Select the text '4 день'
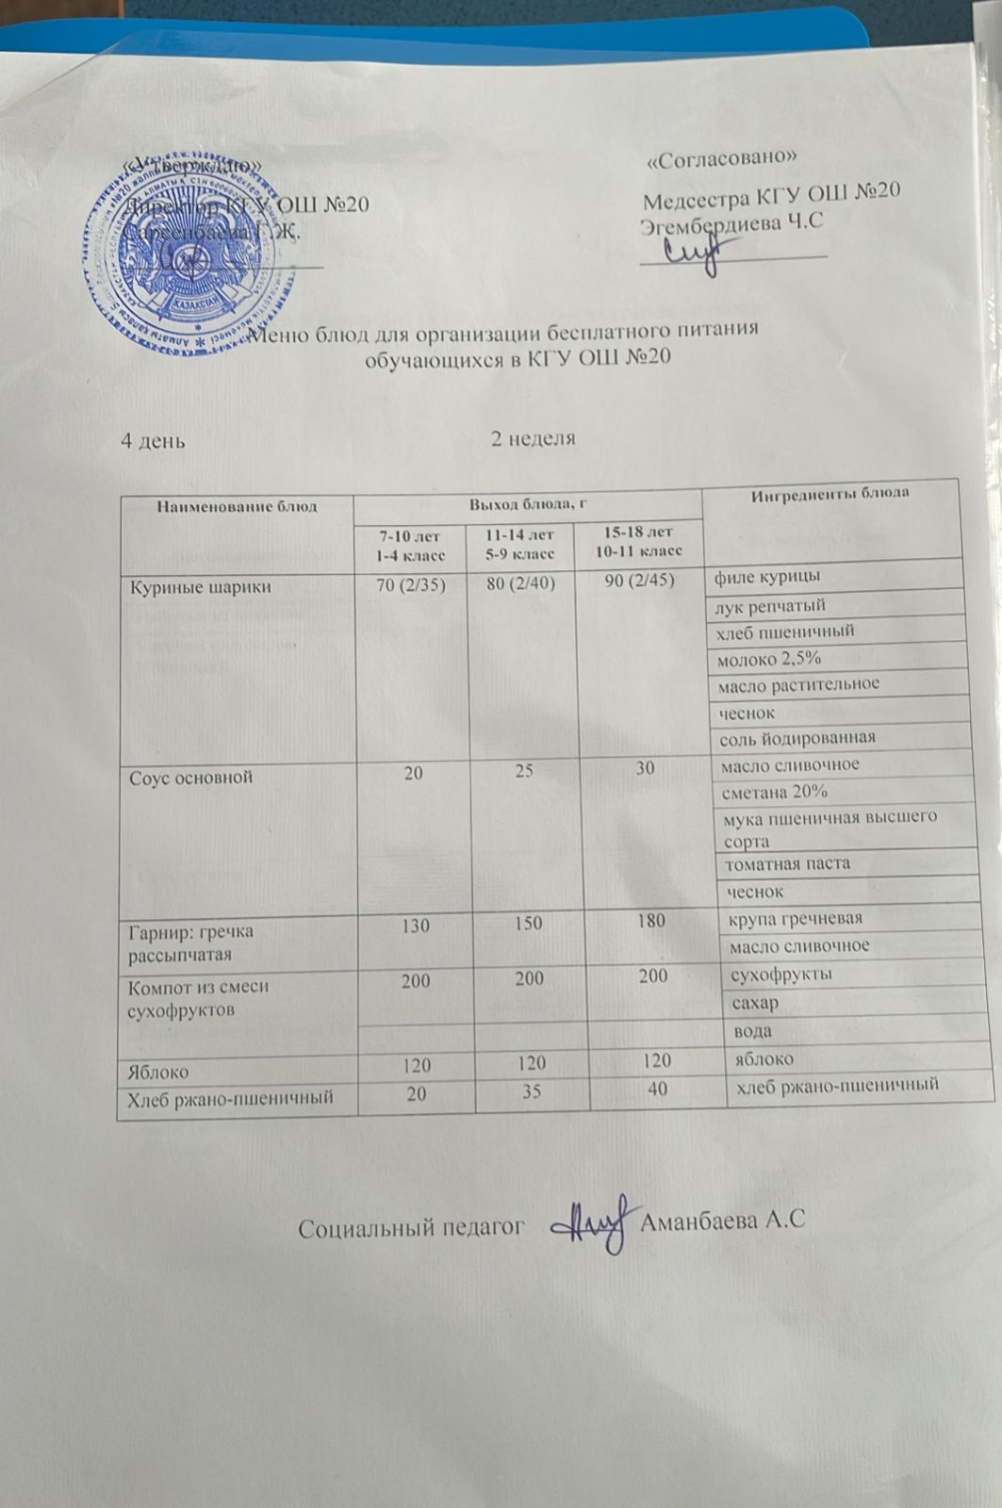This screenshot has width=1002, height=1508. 153,440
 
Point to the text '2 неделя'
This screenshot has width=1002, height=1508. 534,438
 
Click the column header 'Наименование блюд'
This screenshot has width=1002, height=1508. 237,506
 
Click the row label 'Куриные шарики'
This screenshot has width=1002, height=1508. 200,586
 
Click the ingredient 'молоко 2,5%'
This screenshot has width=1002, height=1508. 768,658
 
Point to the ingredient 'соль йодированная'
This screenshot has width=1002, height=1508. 797,737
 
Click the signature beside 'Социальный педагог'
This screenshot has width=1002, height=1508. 589,1226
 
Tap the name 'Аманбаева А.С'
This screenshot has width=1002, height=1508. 722,1222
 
